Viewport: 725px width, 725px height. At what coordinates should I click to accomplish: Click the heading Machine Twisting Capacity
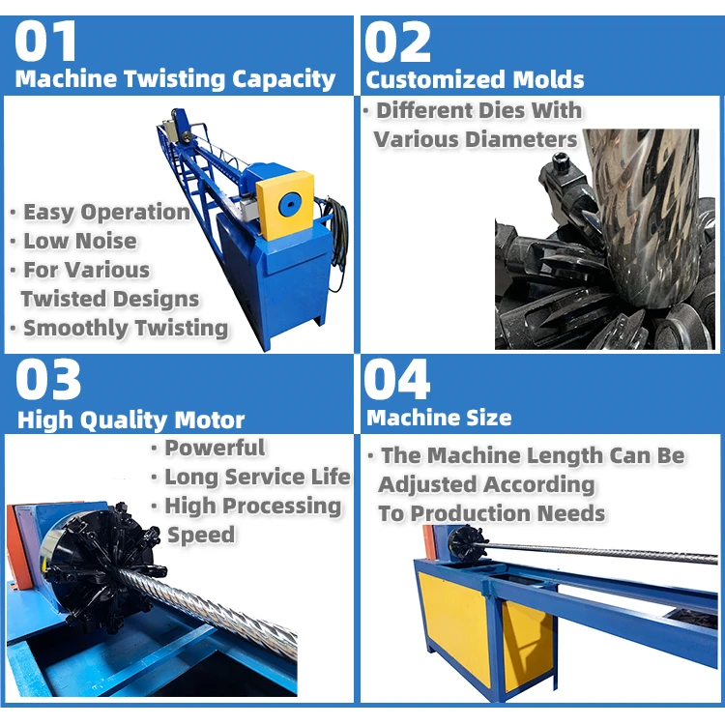[176, 79]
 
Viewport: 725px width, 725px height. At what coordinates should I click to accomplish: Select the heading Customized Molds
[475, 79]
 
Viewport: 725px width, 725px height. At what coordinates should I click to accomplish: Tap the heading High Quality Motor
[130, 420]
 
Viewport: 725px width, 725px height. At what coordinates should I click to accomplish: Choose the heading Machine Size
[439, 418]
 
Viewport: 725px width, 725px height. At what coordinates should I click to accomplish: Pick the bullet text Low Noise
[80, 241]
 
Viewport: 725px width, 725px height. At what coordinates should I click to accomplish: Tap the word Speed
[201, 535]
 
